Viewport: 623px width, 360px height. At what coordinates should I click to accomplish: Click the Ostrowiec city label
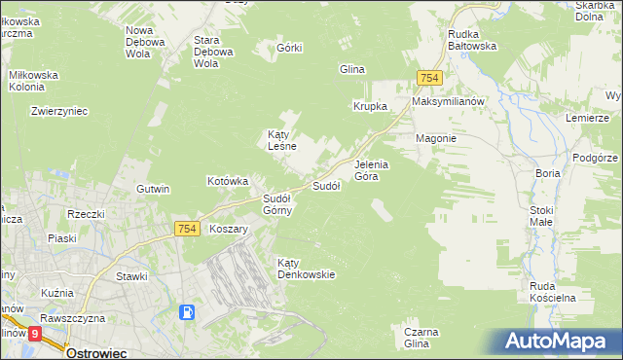coord(97,352)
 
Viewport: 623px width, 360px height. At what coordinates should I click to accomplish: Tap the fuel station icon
coord(186,313)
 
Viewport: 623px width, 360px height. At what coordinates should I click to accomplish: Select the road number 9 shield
coord(35,334)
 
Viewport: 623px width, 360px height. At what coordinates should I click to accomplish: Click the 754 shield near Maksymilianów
coord(429,78)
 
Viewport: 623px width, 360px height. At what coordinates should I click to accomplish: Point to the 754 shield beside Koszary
coord(189,228)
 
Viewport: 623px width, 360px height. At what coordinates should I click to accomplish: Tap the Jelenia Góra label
coord(372,170)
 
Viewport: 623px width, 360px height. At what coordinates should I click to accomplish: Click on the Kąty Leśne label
coord(283,140)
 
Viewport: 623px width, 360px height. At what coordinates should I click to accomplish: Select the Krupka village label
coord(371,106)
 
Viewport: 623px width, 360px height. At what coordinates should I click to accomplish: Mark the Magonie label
coord(436,138)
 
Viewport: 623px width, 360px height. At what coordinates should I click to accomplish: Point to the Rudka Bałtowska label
coord(472,39)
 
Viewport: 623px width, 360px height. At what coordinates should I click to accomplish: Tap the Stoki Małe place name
coord(541,216)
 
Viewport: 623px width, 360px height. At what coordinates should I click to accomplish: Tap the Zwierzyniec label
coord(59,111)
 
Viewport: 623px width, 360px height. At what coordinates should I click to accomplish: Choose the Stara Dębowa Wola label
coord(214,52)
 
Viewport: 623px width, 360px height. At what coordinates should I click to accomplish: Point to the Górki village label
coord(290,48)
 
